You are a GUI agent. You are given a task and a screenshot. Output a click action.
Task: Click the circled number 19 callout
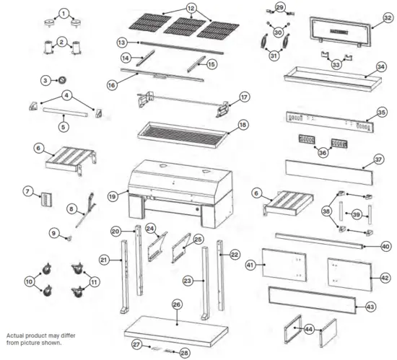[113, 196]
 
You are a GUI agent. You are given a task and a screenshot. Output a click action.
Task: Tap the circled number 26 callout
[177, 304]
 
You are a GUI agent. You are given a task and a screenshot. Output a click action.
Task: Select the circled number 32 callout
[388, 18]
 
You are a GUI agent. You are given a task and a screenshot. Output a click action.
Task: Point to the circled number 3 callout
[45, 81]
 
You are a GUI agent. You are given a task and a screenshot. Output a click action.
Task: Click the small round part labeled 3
[62, 80]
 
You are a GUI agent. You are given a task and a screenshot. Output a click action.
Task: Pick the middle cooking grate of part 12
[185, 26]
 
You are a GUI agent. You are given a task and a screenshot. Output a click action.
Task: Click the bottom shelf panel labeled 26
[176, 331]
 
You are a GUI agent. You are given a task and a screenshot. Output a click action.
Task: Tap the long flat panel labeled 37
[329, 172]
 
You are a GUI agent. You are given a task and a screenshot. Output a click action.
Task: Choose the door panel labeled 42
[350, 274]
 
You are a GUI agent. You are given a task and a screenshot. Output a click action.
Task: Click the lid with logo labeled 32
[340, 32]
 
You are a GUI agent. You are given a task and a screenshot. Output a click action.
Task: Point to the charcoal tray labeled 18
[183, 134]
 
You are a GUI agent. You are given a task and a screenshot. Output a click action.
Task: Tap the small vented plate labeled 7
[46, 199]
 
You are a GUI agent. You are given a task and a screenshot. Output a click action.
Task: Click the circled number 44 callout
[309, 329]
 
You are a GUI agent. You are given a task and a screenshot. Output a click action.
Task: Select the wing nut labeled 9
[69, 238]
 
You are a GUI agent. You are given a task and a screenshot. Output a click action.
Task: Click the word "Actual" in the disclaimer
[14, 335]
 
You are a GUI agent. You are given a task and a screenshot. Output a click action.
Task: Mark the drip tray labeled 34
[333, 79]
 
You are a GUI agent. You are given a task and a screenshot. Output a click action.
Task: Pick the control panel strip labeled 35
[330, 122]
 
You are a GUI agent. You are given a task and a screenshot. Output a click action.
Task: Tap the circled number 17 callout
[244, 97]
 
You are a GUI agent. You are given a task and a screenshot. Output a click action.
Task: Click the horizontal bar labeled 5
[65, 113]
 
